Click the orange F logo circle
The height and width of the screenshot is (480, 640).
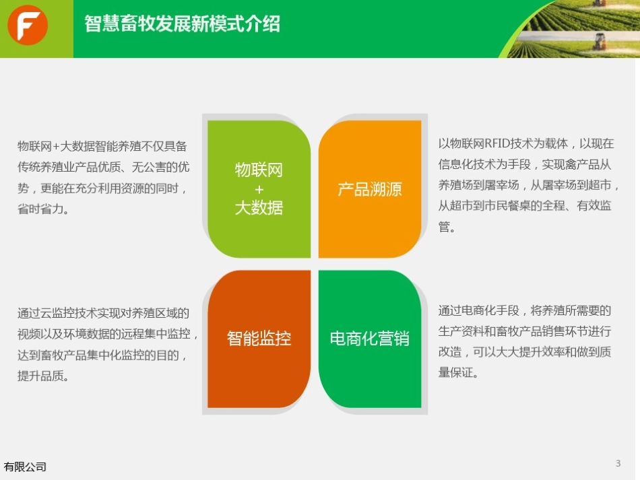coord(28,26)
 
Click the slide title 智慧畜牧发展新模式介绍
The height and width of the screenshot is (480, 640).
coord(182,25)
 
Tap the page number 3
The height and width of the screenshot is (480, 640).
coord(618,462)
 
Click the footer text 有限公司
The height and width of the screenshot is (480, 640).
coord(26,467)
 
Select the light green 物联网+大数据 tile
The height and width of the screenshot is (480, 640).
coord(259,188)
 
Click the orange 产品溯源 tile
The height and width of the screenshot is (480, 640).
coord(370,188)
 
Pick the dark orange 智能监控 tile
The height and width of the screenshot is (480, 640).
coord(259,338)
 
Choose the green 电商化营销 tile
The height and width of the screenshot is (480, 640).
coord(370,338)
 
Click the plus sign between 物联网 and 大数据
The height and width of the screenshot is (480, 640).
coord(259,189)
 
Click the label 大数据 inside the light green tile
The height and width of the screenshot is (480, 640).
coord(259,208)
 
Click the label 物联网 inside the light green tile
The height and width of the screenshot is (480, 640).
coord(259,170)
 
